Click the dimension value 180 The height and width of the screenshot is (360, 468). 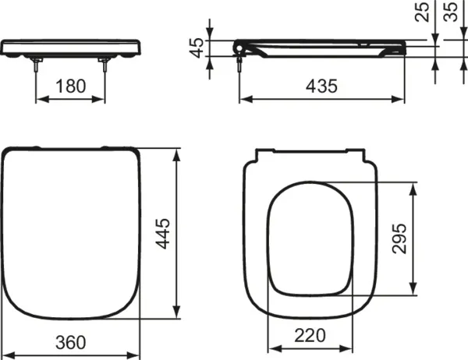coord(72,85)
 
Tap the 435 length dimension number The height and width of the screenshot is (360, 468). coord(321,86)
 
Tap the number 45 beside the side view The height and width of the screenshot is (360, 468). coord(199,48)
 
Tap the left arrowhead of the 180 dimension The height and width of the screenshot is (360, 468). coord(41,100)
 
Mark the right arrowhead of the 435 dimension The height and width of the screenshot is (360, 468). coord(402,100)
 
